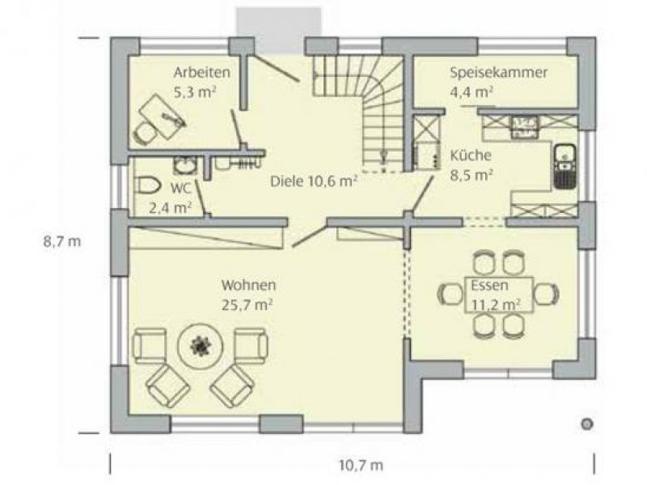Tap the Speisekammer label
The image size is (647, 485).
[499, 73]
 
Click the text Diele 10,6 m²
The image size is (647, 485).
[314, 181]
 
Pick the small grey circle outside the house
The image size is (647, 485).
[588, 423]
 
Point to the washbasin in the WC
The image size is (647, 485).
[184, 167]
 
